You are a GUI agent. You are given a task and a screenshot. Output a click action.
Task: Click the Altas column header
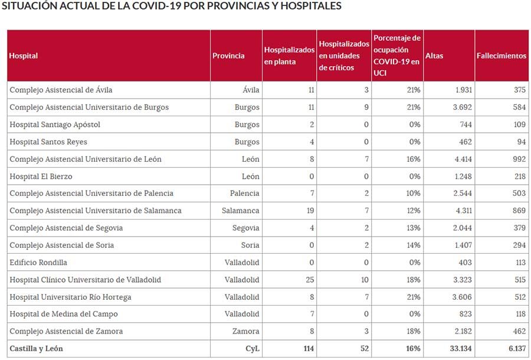click(434, 56)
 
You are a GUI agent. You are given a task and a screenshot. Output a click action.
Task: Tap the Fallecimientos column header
click(501, 56)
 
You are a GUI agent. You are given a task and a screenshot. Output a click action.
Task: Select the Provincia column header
click(228, 56)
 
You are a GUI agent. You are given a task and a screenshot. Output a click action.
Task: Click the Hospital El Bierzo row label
click(41, 176)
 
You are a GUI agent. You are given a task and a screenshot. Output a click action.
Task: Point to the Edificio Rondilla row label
click(38, 263)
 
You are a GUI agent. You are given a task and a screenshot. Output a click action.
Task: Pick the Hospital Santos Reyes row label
click(48, 142)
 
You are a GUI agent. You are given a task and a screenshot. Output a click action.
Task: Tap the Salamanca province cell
click(241, 211)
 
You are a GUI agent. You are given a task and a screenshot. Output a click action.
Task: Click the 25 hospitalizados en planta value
click(310, 280)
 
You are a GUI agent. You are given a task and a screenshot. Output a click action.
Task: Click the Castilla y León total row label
click(37, 349)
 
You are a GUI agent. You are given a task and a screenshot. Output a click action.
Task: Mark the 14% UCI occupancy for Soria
click(413, 246)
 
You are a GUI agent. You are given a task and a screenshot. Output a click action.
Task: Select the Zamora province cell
click(247, 332)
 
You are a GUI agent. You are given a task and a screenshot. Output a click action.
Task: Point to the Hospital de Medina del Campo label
click(64, 315)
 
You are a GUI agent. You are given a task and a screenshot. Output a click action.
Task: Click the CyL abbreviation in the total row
click(253, 349)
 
